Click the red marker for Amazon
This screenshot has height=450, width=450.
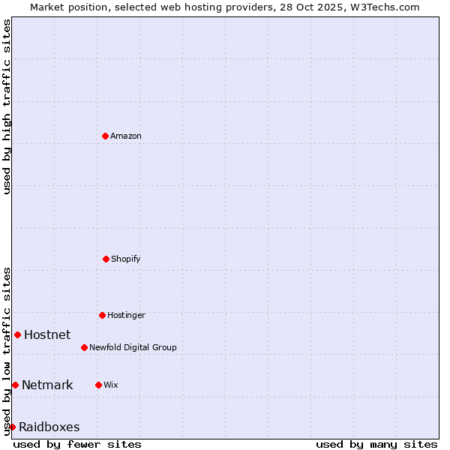click(105, 136)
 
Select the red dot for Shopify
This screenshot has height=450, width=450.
click(106, 259)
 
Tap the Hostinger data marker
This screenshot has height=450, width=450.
click(102, 315)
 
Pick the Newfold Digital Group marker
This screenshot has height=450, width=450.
click(84, 347)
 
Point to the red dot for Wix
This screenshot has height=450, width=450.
click(98, 385)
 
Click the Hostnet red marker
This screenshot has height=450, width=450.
click(17, 334)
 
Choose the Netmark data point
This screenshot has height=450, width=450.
click(15, 385)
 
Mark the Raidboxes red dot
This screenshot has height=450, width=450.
click(12, 427)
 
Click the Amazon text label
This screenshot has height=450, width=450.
click(126, 136)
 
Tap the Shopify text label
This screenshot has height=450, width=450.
click(126, 259)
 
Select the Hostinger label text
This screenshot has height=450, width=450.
click(126, 315)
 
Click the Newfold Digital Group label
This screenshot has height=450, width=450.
click(133, 347)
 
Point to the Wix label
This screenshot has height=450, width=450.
click(111, 385)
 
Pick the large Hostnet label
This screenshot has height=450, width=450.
click(47, 334)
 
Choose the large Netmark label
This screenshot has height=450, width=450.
click(47, 385)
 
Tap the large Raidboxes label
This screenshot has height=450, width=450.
click(49, 427)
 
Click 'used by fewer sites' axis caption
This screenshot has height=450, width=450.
click(77, 444)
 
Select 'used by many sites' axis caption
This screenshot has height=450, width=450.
click(376, 444)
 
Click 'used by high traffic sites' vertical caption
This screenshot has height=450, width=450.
click(7, 106)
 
